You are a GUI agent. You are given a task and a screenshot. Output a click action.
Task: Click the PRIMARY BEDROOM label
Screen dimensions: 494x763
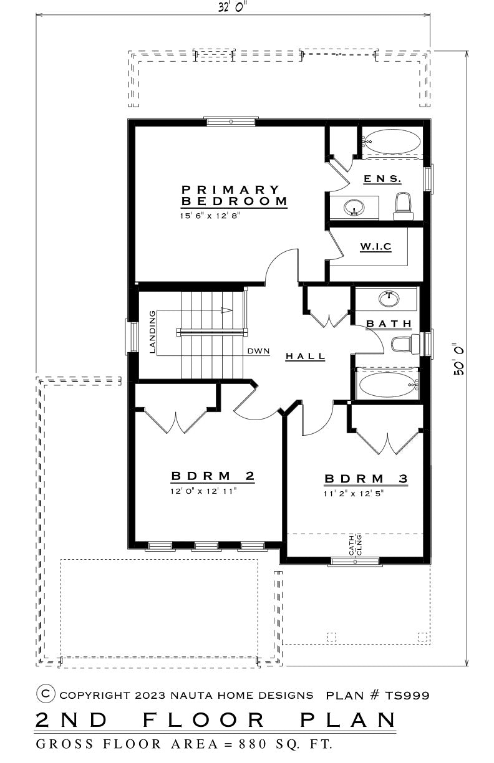(x=234, y=195)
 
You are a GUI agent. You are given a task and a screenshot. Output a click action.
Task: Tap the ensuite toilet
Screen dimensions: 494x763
(x=404, y=206)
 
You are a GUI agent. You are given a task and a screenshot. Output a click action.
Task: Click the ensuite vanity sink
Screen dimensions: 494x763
(x=354, y=208)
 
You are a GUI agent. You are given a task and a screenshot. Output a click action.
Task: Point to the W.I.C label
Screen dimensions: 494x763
(x=375, y=246)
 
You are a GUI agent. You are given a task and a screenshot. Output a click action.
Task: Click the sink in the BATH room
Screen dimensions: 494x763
(x=389, y=299)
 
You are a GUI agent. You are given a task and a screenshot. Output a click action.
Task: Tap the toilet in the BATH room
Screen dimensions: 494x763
(x=405, y=344)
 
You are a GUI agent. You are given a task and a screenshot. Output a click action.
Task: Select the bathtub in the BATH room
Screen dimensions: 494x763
(x=387, y=384)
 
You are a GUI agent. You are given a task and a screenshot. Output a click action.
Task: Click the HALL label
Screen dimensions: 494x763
(x=305, y=357)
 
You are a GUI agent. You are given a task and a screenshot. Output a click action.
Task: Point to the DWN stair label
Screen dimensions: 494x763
(x=258, y=351)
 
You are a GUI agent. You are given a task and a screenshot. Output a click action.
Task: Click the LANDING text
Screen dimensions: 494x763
(x=152, y=332)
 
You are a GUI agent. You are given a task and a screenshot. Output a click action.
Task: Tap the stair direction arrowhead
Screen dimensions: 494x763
(x=226, y=310)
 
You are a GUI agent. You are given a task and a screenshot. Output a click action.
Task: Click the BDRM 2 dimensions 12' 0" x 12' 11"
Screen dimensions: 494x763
(x=203, y=491)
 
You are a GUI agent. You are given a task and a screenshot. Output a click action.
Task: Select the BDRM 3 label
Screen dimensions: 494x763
(x=366, y=479)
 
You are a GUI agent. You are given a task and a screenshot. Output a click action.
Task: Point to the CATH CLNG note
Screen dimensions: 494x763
(x=355, y=545)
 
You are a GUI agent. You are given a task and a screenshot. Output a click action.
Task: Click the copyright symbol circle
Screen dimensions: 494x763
(x=46, y=693)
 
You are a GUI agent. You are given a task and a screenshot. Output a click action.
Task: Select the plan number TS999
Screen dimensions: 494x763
(x=407, y=695)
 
